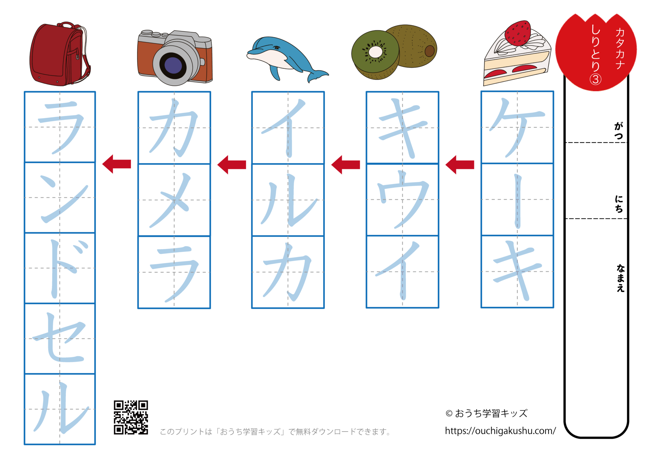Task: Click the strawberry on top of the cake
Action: [518, 33]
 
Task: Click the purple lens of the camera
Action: [173, 65]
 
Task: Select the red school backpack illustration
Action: [59, 54]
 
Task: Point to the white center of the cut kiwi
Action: [375, 52]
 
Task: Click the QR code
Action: [131, 417]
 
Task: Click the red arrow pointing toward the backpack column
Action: [117, 164]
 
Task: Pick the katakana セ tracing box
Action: [60, 338]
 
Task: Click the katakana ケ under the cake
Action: [517, 127]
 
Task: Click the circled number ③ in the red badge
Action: [595, 79]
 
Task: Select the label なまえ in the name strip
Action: [620, 278]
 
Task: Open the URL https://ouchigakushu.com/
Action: [500, 431]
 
